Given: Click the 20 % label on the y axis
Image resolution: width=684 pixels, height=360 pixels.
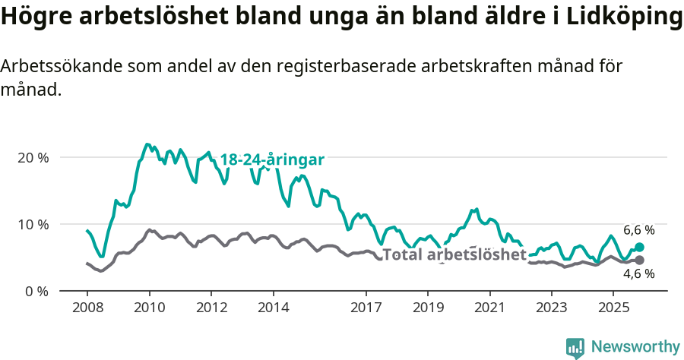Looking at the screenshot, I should click(33, 157).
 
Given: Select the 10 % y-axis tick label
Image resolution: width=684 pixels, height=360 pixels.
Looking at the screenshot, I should click(33, 224).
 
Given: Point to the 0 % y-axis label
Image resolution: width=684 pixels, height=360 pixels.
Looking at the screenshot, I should click(36, 291).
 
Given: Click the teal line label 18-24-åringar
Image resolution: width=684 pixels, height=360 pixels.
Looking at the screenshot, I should click(272, 159).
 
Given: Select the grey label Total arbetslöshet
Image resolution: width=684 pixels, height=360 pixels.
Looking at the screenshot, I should click(454, 254).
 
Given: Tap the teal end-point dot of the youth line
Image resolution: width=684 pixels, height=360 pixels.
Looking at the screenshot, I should click(639, 247).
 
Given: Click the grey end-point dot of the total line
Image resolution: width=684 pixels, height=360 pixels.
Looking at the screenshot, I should click(639, 261).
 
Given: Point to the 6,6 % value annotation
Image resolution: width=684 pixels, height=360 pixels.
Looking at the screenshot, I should click(638, 229).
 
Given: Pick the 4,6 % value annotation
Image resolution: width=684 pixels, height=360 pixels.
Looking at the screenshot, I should click(638, 275).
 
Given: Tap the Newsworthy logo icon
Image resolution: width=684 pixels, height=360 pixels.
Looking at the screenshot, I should click(575, 347).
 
